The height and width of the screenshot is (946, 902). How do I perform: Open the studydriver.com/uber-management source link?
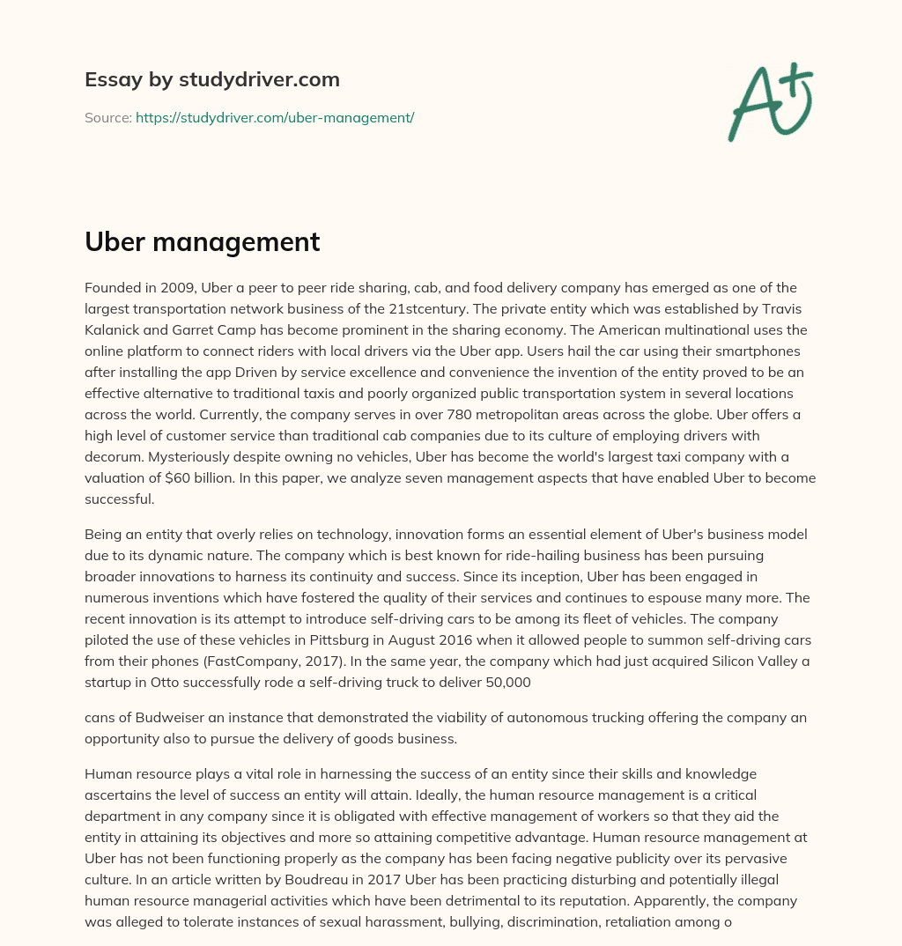click(275, 117)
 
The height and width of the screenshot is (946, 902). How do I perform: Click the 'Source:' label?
click(107, 117)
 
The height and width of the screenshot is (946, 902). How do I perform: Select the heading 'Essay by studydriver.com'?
click(212, 79)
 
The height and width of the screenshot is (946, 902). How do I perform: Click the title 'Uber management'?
click(202, 241)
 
